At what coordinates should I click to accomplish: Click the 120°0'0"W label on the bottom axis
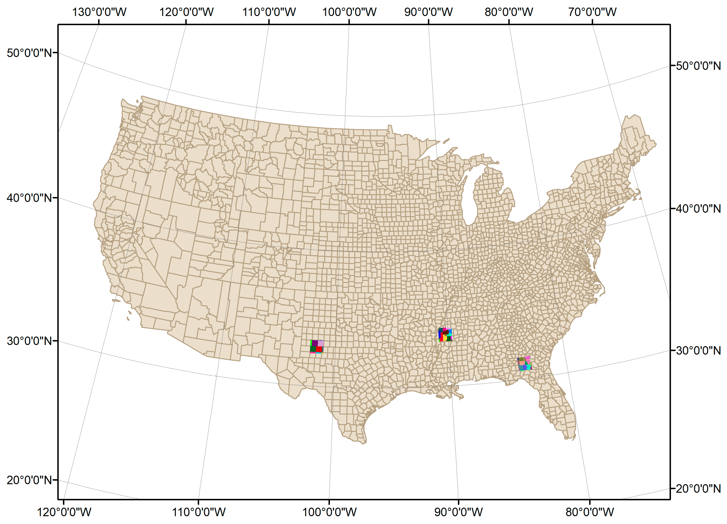64,512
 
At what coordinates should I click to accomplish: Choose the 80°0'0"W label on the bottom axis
590,512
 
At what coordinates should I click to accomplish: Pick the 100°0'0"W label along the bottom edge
329,512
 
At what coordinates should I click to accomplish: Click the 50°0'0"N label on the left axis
29,53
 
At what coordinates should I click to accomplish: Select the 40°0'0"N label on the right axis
698,209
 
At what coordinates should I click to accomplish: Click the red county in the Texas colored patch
319,349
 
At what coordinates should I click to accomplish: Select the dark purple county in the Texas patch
315,343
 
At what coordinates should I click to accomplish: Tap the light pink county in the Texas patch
321,343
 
